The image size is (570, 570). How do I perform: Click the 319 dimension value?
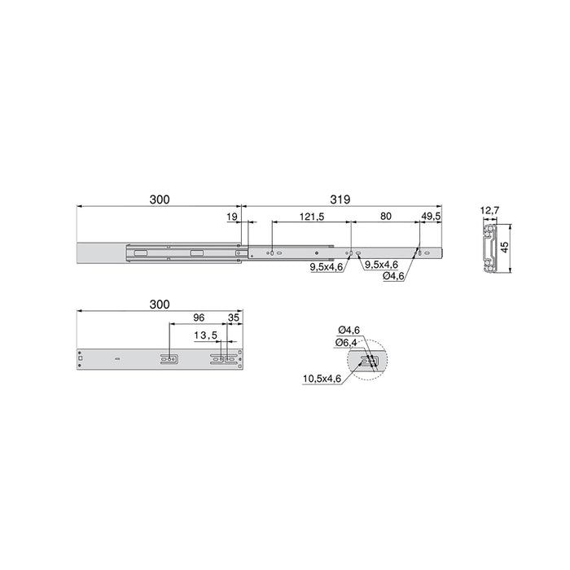tap(342, 198)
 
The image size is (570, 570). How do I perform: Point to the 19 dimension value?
tap(232, 217)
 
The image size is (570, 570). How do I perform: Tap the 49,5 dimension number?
tap(431, 217)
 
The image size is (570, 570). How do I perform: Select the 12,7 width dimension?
tap(489, 211)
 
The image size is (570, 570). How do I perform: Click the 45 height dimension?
tap(505, 248)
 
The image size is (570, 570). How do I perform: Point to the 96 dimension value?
tap(197, 318)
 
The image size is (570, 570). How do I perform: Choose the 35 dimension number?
tap(235, 318)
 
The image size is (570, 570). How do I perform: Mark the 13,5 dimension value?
tap(205, 335)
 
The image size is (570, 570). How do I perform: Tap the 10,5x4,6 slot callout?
tap(321, 378)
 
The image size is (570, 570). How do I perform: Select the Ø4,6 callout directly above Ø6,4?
tap(349, 330)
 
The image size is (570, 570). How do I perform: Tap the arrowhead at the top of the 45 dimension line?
tap(511, 229)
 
